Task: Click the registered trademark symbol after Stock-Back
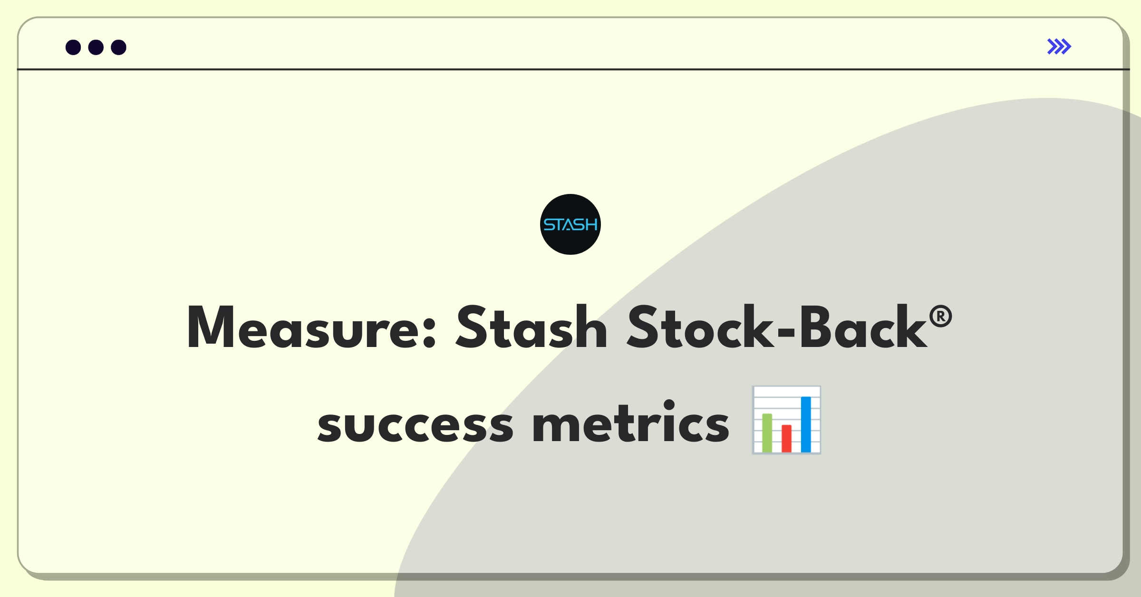point(940,317)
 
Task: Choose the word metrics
point(631,421)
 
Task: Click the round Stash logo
point(570,224)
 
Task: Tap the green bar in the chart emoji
point(767,433)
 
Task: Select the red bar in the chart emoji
point(786,438)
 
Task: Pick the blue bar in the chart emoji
point(806,424)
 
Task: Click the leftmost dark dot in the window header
point(73,48)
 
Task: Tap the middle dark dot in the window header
point(96,48)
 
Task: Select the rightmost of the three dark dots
point(119,48)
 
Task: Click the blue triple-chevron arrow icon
point(1059,47)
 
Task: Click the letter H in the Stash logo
point(591,225)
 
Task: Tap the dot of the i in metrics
point(669,405)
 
